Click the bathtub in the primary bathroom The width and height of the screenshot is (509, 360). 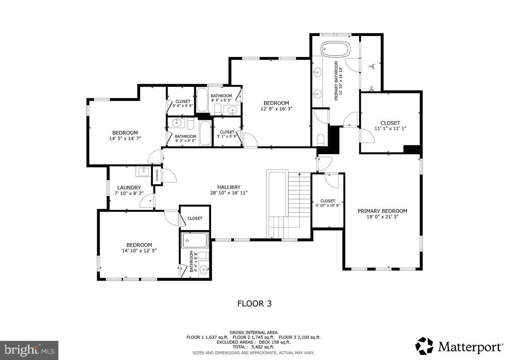point(335,49)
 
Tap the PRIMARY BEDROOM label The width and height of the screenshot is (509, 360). point(382,211)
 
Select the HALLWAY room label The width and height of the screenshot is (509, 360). point(229,187)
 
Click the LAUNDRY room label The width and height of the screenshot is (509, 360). point(129,188)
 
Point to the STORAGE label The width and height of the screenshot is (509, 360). point(157,175)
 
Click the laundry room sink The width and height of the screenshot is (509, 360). point(143,172)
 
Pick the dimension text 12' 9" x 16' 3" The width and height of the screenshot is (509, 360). point(276,109)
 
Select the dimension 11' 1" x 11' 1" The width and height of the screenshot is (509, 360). point(390,129)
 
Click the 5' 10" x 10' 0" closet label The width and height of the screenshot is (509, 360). point(328,205)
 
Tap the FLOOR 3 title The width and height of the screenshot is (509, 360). point(254,303)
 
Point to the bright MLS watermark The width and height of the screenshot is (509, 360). point(29,350)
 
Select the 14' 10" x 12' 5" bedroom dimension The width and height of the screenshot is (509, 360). point(139,250)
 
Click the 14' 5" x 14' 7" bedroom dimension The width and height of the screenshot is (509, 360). point(125,139)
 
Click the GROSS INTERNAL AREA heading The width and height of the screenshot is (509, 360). point(253,332)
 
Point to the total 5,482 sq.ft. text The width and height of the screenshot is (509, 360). point(253,347)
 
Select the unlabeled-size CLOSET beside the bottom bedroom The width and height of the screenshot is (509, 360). point(195,218)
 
